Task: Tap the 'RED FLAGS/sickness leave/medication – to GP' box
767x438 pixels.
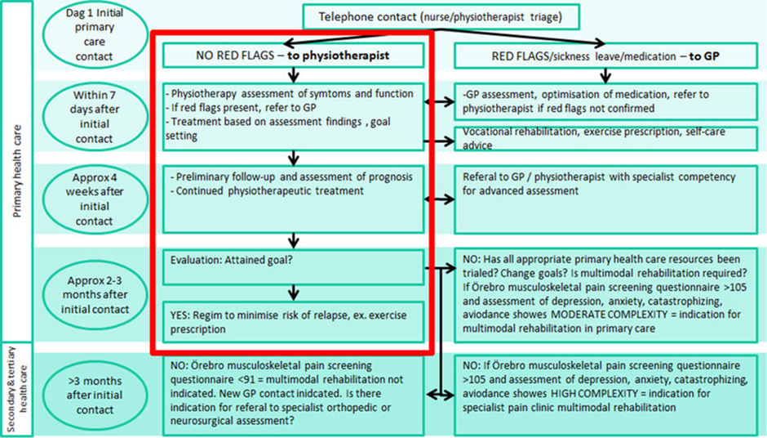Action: pyautogui.click(x=605, y=56)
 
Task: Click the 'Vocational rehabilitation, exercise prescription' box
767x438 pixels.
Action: pyautogui.click(x=605, y=140)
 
